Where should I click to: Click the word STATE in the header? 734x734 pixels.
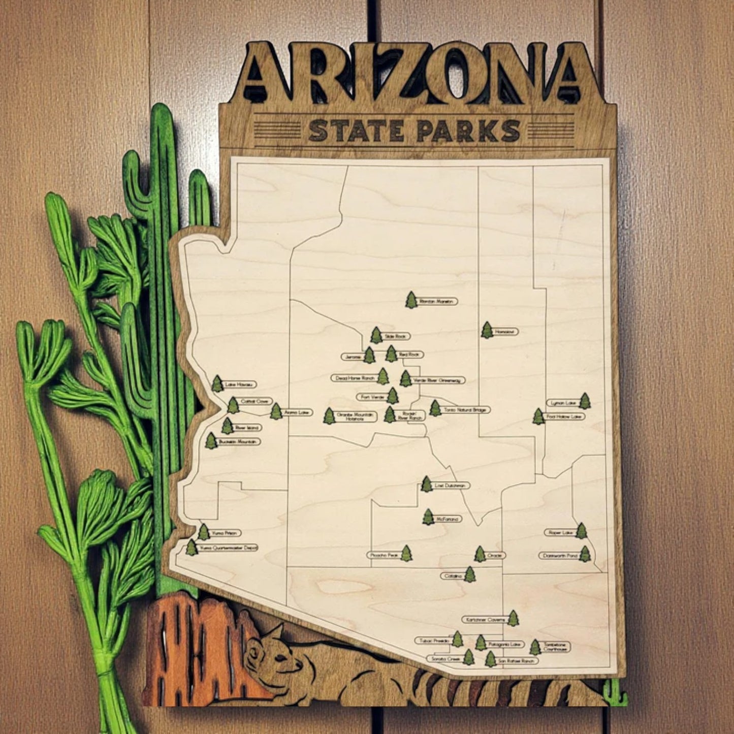click(x=356, y=131)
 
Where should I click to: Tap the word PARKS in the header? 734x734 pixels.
click(x=468, y=131)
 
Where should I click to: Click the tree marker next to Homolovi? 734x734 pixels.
click(x=487, y=330)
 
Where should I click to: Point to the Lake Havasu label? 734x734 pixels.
click(x=239, y=385)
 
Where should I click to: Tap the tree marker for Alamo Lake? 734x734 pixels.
click(x=276, y=411)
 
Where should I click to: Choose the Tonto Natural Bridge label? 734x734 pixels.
click(x=465, y=409)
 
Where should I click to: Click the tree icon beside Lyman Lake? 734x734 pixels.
click(x=585, y=401)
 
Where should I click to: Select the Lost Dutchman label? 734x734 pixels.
click(x=450, y=486)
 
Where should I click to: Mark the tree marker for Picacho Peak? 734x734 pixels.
click(x=406, y=553)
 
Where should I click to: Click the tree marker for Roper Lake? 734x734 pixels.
click(x=581, y=531)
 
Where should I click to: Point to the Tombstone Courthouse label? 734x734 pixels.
click(x=555, y=647)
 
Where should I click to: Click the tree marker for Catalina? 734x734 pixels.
click(x=470, y=575)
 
